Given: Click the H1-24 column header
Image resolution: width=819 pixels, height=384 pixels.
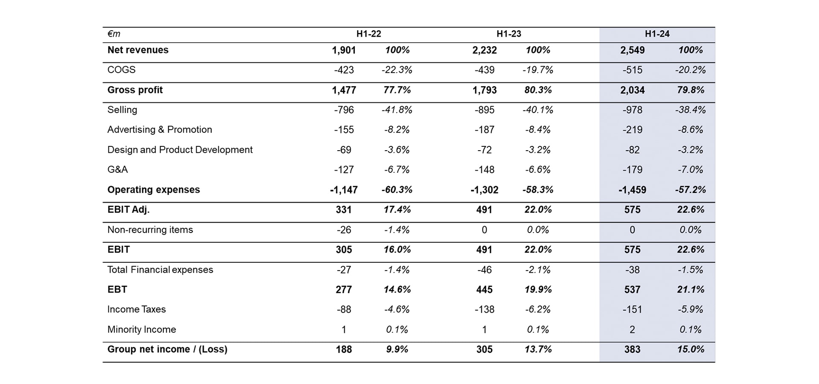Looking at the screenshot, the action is coord(657,34).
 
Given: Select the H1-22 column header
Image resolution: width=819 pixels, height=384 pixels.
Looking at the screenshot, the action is coord(369,34).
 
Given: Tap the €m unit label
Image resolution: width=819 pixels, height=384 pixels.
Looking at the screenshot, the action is coord(114,34).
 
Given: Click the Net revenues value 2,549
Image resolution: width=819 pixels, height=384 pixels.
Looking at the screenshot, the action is coord(632,50).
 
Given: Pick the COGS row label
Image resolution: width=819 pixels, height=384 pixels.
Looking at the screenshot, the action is coord(122,70).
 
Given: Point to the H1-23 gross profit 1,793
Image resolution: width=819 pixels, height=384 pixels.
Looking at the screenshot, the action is coord(485,90).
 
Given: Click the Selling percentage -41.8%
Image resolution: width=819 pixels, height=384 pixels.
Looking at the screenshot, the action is coord(397,110).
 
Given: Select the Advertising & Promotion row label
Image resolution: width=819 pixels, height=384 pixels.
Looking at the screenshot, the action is coord(160,130).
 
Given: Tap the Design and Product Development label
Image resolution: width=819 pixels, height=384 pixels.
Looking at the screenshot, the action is coord(180,150).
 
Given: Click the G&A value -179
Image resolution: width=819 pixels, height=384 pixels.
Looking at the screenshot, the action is coord(632,170).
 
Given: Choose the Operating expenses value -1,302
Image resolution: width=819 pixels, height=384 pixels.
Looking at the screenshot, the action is coord(485,190).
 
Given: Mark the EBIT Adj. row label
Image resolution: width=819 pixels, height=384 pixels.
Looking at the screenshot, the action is coord(128,209).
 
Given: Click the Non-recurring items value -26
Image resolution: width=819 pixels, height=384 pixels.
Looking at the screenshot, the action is coord(344,230).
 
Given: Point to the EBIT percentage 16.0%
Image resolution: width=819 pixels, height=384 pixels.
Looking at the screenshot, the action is coord(397,250).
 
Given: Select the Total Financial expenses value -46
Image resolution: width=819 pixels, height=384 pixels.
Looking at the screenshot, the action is coord(485,270).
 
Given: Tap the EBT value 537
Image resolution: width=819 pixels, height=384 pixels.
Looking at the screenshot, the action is coord(632,290).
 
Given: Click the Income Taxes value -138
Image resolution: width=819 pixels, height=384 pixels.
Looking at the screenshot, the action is coord(485,309).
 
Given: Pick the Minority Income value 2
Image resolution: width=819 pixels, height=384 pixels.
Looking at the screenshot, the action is coord(632,329).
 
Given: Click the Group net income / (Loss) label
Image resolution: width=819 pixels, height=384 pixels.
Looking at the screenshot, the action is coord(167,349).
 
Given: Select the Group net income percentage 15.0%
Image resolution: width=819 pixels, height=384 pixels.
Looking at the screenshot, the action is coord(690,349).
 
